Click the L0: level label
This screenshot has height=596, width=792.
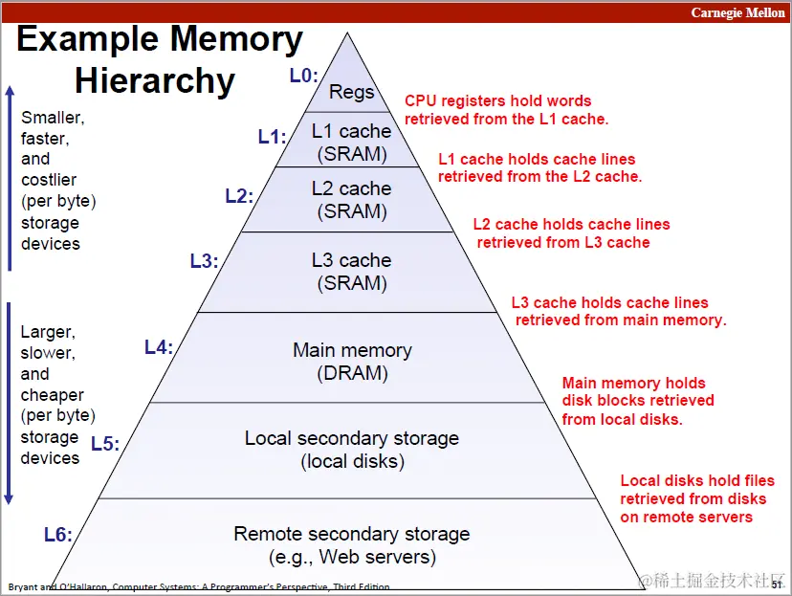click(x=303, y=76)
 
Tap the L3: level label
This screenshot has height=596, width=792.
click(x=204, y=260)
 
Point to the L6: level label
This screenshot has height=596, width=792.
click(x=57, y=535)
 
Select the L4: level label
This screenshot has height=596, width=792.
click(x=159, y=347)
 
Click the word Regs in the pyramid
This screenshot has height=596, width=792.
click(x=351, y=92)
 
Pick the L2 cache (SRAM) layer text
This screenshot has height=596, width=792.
click(x=352, y=200)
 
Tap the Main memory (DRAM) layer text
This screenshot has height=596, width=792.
click(x=352, y=362)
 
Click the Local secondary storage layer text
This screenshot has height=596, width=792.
click(x=352, y=450)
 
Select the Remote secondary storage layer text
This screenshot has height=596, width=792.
click(x=352, y=544)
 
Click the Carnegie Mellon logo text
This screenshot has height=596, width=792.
click(x=737, y=13)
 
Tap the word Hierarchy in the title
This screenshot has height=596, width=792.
click(x=155, y=80)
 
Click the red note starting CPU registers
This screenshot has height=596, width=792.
click(x=506, y=110)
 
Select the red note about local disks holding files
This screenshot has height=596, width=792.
click(x=697, y=498)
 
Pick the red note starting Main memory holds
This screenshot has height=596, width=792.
click(x=638, y=401)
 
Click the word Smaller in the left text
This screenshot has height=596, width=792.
click(x=53, y=119)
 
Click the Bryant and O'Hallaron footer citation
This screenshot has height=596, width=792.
click(x=199, y=586)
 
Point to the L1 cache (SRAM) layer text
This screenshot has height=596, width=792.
click(x=352, y=142)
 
